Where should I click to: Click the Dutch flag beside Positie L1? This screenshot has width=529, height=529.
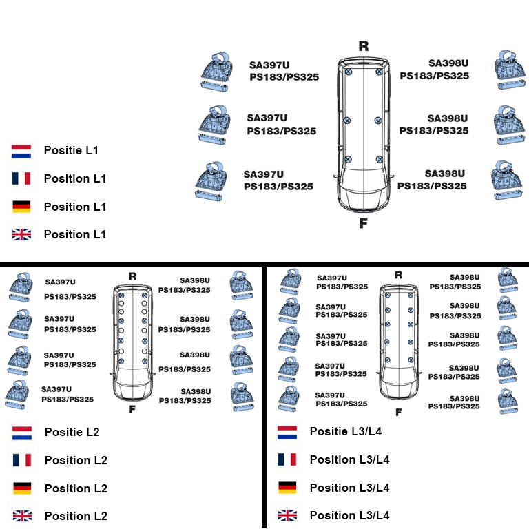point(21,150)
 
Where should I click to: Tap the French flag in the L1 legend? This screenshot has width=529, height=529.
point(21,178)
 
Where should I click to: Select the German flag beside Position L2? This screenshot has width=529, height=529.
point(22,488)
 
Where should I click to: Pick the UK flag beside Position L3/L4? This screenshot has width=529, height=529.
point(287,515)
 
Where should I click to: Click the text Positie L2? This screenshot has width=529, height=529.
point(72,432)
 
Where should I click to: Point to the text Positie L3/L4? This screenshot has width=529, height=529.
point(345,431)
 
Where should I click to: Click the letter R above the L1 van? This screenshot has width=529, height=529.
point(364,47)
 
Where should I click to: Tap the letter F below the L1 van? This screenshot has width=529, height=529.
point(363,223)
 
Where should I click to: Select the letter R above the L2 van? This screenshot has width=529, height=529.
point(132,276)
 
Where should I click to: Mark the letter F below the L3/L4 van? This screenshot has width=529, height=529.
point(398,413)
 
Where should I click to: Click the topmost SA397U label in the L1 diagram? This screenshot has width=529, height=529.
point(269,65)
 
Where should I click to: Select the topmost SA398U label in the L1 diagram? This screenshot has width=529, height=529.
point(448,63)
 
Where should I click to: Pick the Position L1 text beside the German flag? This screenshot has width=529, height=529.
point(75,207)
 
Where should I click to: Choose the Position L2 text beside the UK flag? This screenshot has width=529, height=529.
point(76,516)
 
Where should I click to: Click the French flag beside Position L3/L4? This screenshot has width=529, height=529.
point(287,459)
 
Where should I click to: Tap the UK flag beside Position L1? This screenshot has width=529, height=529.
point(21,234)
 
